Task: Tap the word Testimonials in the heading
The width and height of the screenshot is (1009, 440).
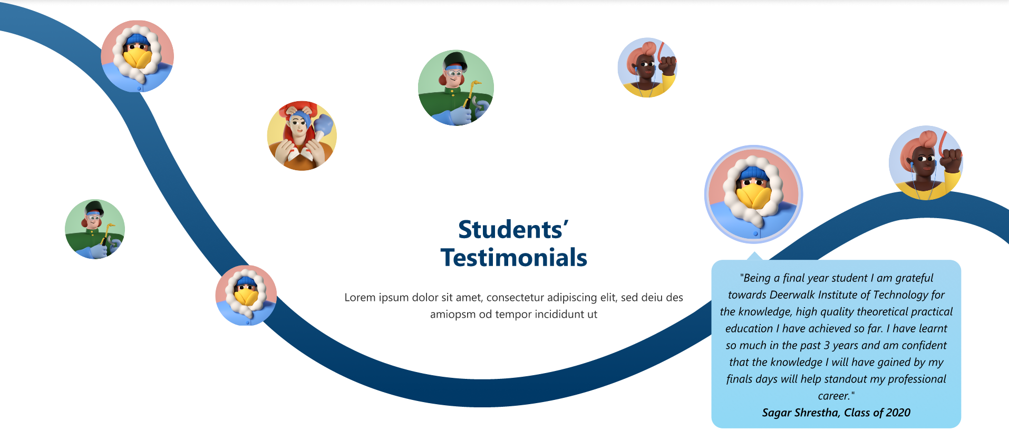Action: [x=513, y=258]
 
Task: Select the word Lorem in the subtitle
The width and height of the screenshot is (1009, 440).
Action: [x=360, y=298]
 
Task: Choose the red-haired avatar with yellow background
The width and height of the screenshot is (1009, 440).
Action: [x=302, y=136]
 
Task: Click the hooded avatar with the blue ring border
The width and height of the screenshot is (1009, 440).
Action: [x=753, y=194]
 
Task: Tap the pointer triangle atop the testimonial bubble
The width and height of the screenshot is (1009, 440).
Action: [x=755, y=256]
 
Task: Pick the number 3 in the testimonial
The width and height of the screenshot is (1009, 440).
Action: [x=827, y=346]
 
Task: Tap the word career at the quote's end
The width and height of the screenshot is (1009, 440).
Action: [x=833, y=396]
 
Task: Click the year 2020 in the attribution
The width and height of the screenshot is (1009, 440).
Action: [x=898, y=413]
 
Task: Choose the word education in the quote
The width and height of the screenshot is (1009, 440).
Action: [x=749, y=329]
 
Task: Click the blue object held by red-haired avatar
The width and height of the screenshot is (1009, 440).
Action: [x=323, y=125]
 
